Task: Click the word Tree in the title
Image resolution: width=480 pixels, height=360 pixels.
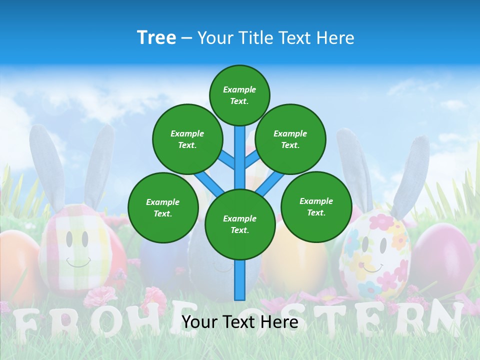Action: pos(156,37)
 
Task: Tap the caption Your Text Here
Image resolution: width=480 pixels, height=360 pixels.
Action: pos(240,322)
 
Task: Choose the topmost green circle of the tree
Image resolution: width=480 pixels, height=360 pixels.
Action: pos(239,95)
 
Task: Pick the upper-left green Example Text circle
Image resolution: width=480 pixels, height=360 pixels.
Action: pos(187,139)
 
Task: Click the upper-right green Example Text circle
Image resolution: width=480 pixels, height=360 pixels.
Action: pos(290,139)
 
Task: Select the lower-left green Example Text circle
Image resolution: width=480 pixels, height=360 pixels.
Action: pos(163,207)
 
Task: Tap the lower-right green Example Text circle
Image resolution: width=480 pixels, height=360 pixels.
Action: pos(316,206)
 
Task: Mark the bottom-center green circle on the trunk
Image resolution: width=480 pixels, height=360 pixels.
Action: pos(240,224)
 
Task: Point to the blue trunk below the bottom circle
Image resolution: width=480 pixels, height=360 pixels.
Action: pos(240,280)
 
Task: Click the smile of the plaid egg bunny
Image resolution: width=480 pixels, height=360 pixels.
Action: pos(78,263)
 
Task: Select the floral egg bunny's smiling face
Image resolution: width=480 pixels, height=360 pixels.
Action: pos(374,255)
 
